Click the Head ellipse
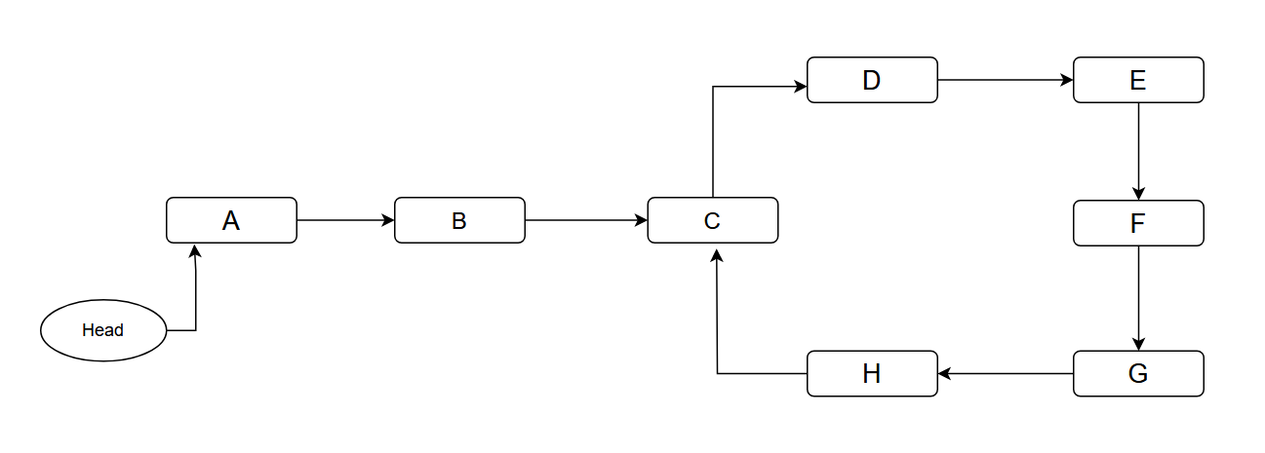pos(103,330)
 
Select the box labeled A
pos(231,220)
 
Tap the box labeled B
pos(459,220)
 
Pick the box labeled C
pos(712,220)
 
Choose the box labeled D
pos(872,80)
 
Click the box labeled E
pos(1138,80)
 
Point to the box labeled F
pos(1138,223)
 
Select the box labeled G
pos(1138,373)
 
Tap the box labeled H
pos(872,373)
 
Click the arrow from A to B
pos(345,220)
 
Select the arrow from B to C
pos(585,220)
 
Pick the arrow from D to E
pos(1005,80)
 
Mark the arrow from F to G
pos(1138,297)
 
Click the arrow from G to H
pos(1005,373)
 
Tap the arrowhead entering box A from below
pos(196,251)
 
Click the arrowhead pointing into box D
pos(800,87)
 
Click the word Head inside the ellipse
pos(103,330)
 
